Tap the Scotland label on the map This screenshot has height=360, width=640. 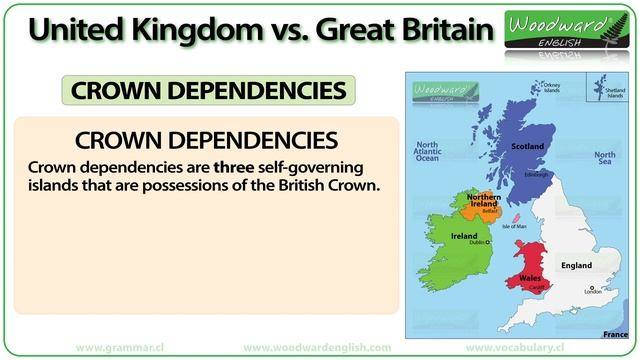(527, 147)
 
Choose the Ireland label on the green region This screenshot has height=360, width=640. (464, 237)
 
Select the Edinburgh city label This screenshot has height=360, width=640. (536, 174)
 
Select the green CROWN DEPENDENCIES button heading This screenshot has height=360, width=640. (209, 90)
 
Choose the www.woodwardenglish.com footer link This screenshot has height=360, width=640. (317, 346)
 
